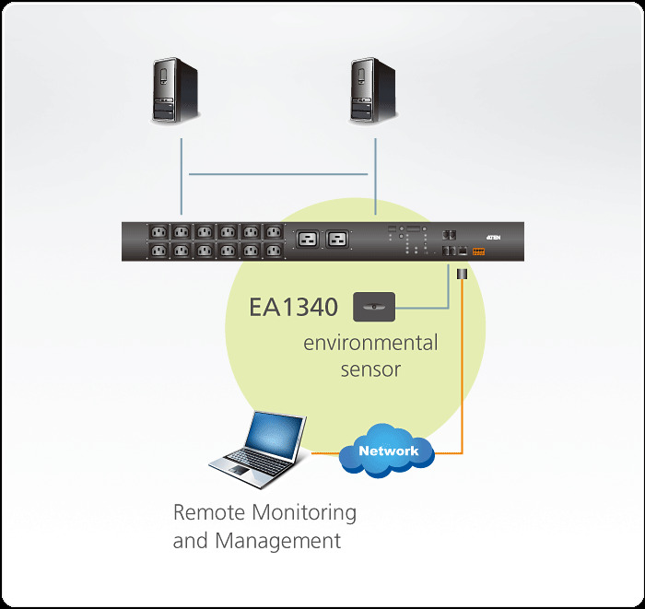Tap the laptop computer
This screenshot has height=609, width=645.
point(259,447)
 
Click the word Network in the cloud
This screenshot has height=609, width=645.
point(388,451)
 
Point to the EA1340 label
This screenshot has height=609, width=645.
point(294,306)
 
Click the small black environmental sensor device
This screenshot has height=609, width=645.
point(374,305)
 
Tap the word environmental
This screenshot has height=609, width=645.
point(370,344)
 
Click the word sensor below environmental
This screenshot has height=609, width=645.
point(370,369)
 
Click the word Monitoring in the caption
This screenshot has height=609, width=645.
point(304,512)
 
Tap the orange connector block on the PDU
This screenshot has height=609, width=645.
point(478,251)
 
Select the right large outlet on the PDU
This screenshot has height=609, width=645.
point(337,240)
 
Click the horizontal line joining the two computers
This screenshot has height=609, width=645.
point(277,173)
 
